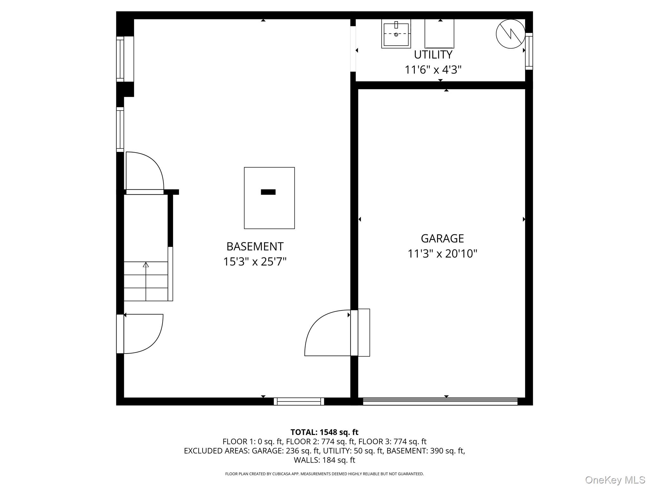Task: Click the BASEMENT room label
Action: click(x=255, y=246)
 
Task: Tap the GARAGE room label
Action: click(x=442, y=238)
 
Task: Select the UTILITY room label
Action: click(x=433, y=55)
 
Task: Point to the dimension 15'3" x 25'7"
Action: click(x=255, y=262)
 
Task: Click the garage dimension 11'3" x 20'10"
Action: click(x=442, y=254)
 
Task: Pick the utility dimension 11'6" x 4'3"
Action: click(x=433, y=70)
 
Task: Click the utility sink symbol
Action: click(x=396, y=34)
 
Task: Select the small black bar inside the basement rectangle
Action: click(x=268, y=192)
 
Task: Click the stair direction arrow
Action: click(x=146, y=281)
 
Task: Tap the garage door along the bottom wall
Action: click(x=440, y=401)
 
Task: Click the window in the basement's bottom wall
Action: click(x=299, y=401)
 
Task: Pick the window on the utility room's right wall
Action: click(x=529, y=51)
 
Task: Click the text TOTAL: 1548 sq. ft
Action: click(x=324, y=432)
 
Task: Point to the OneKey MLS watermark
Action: click(x=615, y=480)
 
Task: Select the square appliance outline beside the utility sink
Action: click(x=439, y=34)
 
